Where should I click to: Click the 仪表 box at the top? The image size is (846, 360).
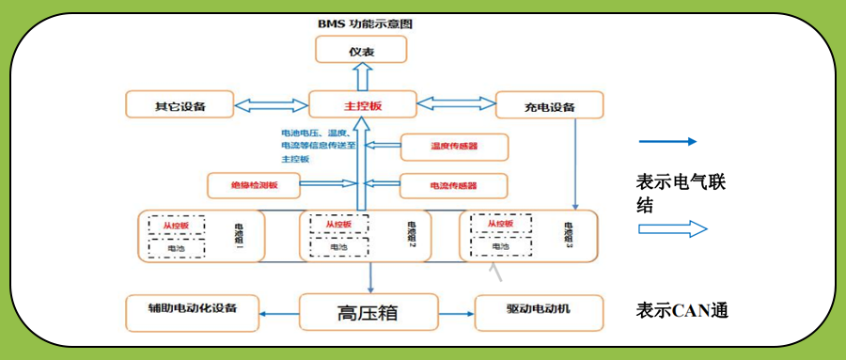[361, 49]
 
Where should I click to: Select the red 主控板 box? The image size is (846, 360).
[362, 105]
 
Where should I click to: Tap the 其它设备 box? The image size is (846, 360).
[180, 105]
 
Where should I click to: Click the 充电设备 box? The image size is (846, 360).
[549, 105]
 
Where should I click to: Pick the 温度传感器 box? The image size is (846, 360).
[454, 147]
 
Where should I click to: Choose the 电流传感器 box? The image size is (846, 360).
[454, 185]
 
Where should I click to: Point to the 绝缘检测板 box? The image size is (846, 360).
[255, 185]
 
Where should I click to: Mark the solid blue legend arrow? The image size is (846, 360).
[667, 142]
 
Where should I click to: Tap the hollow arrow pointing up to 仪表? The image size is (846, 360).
[361, 76]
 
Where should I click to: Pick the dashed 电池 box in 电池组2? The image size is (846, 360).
[336, 246]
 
